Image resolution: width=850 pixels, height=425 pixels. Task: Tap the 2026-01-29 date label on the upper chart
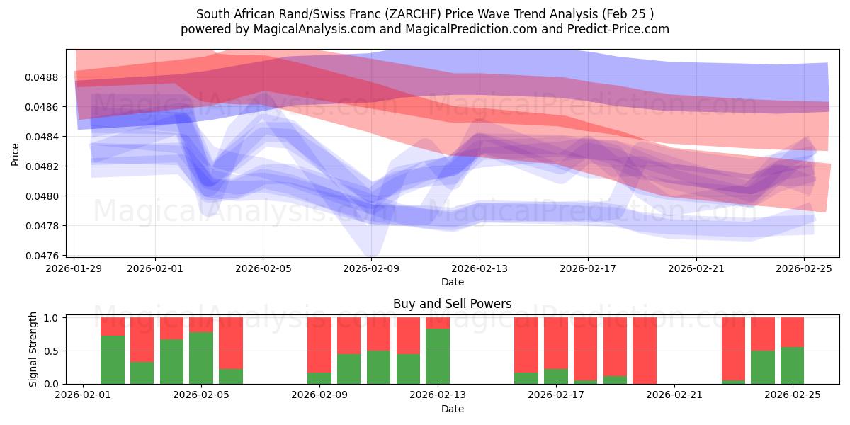click(74, 268)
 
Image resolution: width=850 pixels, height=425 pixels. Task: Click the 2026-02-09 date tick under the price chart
click(371, 268)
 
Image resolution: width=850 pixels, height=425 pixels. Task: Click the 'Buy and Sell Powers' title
click(453, 305)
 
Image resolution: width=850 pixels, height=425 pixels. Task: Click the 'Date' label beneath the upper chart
click(453, 282)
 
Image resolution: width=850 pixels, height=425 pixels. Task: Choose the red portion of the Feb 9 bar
click(319, 345)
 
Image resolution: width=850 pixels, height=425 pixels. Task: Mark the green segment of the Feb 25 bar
click(792, 365)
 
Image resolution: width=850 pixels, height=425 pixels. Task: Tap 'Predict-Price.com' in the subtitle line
click(615, 29)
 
